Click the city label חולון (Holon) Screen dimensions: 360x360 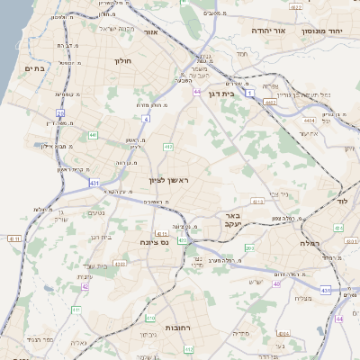[123, 61]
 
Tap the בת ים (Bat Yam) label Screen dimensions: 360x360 [35, 68]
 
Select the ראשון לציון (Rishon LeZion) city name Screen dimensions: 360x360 [171, 181]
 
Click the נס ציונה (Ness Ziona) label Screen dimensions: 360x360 [155, 242]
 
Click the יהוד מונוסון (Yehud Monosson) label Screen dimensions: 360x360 [329, 31]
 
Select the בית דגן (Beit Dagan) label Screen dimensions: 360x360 [239, 92]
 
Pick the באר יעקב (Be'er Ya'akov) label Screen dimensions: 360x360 [232, 221]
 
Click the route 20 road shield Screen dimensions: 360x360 [60, 112]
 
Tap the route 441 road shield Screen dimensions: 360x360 [93, 135]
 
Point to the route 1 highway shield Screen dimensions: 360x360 [249, 106]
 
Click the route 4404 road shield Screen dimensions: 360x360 [310, 119]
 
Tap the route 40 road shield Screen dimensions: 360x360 [276, 283]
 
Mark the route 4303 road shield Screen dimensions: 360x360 [120, 265]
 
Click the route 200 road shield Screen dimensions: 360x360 [249, 247]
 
